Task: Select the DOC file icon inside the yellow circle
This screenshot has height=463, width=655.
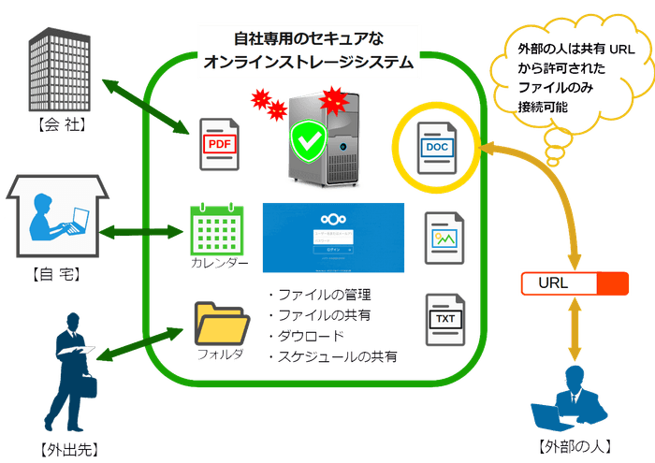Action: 437,146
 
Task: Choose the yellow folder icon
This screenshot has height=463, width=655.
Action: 222,324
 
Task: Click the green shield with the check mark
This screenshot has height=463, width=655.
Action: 304,143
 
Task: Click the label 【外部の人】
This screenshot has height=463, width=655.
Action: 570,446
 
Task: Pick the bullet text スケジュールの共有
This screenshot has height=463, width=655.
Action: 338,356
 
